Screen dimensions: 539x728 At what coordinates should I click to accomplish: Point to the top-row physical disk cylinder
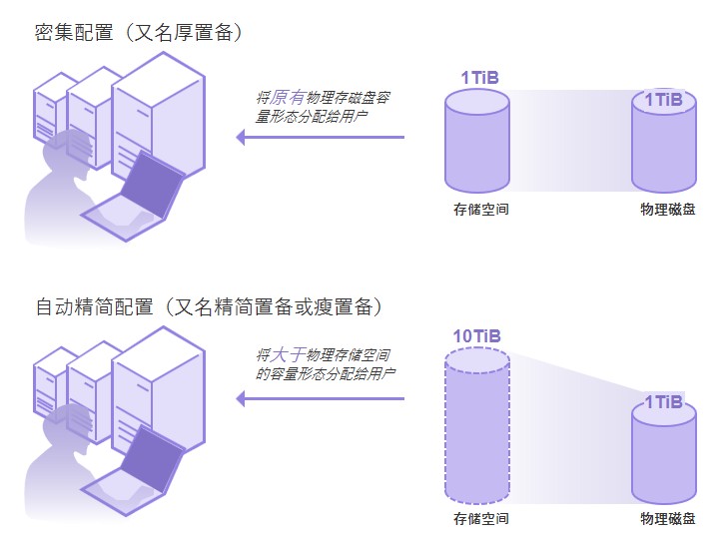click(663, 145)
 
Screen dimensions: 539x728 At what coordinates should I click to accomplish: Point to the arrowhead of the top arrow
click(241, 137)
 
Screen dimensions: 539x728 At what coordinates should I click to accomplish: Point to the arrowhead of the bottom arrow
click(241, 399)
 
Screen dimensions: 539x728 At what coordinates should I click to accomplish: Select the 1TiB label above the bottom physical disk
click(663, 402)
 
